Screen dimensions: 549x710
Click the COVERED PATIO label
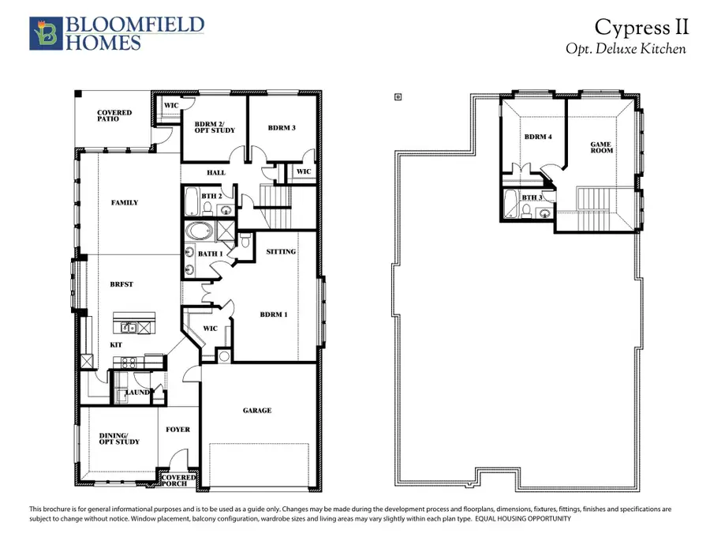(x=114, y=116)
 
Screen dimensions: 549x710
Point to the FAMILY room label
(x=125, y=203)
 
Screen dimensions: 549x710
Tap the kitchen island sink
(x=131, y=326)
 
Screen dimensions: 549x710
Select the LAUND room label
(x=139, y=392)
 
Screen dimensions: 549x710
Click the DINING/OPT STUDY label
(x=118, y=438)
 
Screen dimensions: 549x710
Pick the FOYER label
(x=177, y=430)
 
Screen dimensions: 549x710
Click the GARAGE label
(x=257, y=410)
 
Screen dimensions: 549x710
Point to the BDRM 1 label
(x=273, y=314)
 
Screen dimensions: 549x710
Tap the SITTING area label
(x=282, y=252)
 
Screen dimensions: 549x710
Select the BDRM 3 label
(x=281, y=128)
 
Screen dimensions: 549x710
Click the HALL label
(x=215, y=172)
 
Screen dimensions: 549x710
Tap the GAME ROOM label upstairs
(x=602, y=149)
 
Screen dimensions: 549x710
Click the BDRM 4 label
(x=538, y=137)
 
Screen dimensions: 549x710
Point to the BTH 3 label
(x=532, y=197)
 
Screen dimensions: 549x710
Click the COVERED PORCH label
(x=179, y=481)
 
